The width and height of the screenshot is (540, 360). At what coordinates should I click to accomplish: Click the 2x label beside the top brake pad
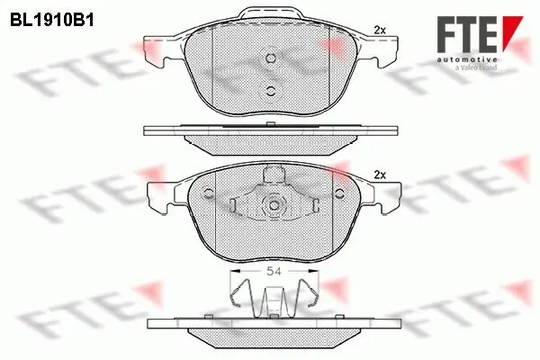tap(379, 31)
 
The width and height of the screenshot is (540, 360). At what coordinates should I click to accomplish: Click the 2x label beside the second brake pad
tap(379, 175)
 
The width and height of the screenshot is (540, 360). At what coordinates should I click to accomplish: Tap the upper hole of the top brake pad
tap(271, 58)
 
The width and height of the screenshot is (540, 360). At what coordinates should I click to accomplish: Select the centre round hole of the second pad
tap(271, 205)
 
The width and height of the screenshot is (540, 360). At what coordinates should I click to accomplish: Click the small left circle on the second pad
tap(209, 191)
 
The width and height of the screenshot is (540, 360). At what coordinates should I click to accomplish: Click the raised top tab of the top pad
tap(271, 15)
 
